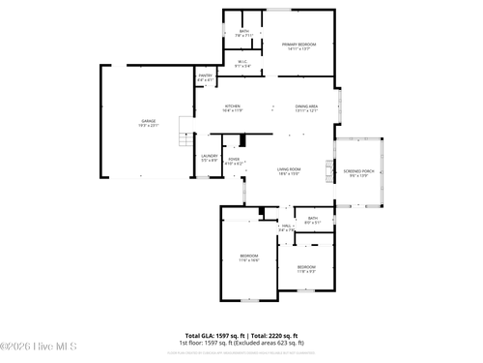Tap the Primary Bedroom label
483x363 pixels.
coord(298,45)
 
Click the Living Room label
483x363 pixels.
coord(289,168)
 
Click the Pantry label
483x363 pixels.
coord(206,76)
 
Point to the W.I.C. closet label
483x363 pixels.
coord(243,62)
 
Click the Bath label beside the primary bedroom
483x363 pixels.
coord(243,32)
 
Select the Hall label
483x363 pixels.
coord(286,226)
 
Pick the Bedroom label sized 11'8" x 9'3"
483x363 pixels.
coord(306,266)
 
